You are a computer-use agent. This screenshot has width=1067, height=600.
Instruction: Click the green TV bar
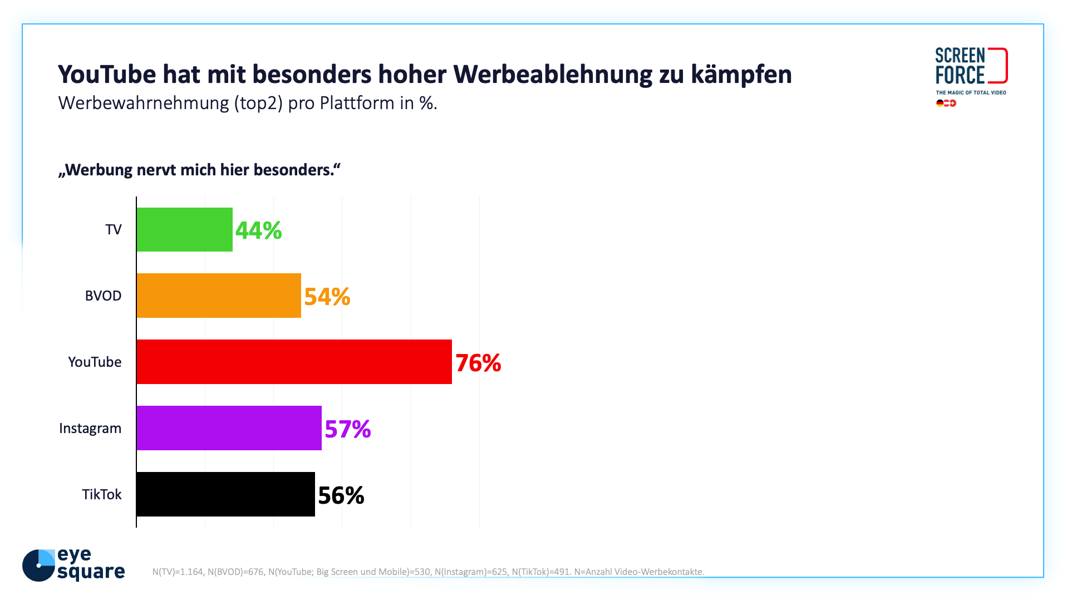click(184, 229)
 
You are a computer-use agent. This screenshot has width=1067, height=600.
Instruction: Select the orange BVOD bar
click(219, 296)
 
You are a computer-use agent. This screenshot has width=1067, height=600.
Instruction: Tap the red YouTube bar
click(294, 362)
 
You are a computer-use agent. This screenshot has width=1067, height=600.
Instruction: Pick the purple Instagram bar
click(229, 428)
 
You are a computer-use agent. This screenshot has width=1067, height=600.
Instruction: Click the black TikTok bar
click(225, 494)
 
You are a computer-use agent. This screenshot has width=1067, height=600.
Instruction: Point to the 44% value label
click(258, 230)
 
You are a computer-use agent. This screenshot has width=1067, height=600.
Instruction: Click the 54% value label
click(327, 297)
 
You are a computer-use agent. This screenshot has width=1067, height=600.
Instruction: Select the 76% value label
click(478, 363)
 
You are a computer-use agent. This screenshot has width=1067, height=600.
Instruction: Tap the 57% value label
click(347, 429)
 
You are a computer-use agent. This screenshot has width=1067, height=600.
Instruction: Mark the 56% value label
click(341, 495)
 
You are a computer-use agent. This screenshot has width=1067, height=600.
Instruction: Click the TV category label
click(114, 230)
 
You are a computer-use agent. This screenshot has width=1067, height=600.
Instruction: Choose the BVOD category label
click(103, 296)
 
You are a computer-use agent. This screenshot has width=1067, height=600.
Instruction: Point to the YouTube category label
click(95, 362)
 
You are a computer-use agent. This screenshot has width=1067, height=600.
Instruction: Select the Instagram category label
click(90, 429)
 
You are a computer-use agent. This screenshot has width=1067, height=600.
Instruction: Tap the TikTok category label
click(102, 495)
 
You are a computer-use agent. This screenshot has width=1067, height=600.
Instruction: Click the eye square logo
click(73, 565)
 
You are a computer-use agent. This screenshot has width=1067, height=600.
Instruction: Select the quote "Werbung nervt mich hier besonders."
click(199, 170)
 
